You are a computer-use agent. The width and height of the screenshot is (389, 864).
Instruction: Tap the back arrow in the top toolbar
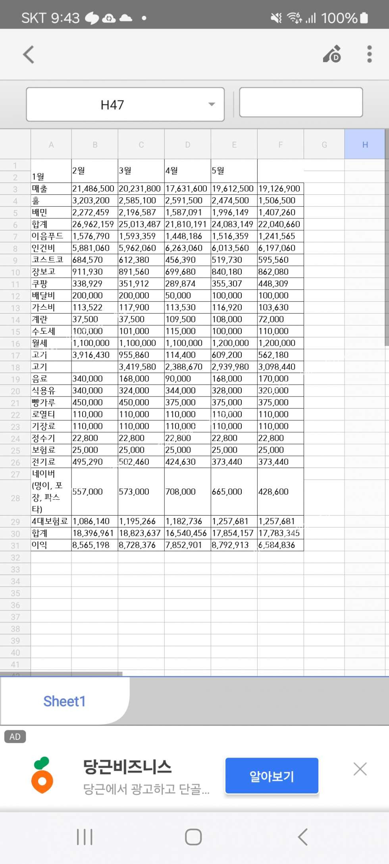pyautogui.click(x=29, y=54)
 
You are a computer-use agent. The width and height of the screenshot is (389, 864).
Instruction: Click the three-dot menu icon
pyautogui.click(x=369, y=54)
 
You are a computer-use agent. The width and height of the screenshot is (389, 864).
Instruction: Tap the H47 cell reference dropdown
pyautogui.click(x=125, y=104)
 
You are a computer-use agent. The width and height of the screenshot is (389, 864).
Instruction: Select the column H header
pyautogui.click(x=364, y=145)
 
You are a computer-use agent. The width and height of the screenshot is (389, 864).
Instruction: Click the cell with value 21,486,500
pyautogui.click(x=94, y=189)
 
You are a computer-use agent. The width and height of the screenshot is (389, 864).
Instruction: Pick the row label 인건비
pyautogui.click(x=44, y=248)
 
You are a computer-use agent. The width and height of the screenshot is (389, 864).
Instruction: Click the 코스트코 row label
pyautogui.click(x=48, y=260)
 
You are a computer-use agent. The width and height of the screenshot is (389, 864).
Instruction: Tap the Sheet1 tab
pyautogui.click(x=64, y=701)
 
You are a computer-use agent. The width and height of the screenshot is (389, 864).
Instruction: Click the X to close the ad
pyautogui.click(x=360, y=769)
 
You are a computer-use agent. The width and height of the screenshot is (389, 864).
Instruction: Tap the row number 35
pyautogui.click(x=15, y=593)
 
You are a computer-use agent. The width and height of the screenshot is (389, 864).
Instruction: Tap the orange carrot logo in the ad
pyautogui.click(x=42, y=776)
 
